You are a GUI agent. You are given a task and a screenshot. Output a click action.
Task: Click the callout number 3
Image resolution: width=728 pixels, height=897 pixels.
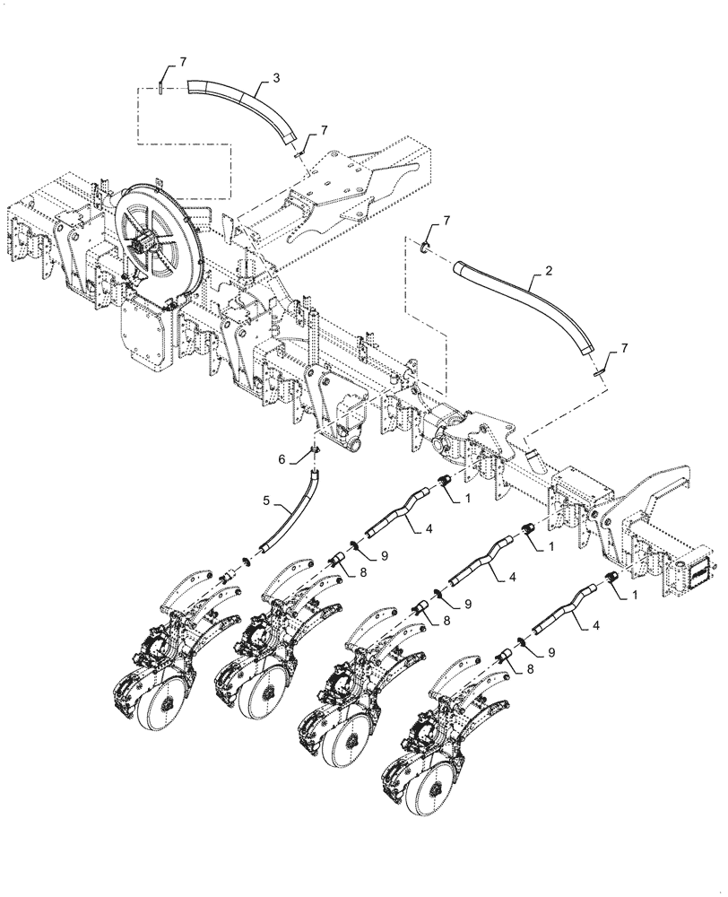point(276,78)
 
